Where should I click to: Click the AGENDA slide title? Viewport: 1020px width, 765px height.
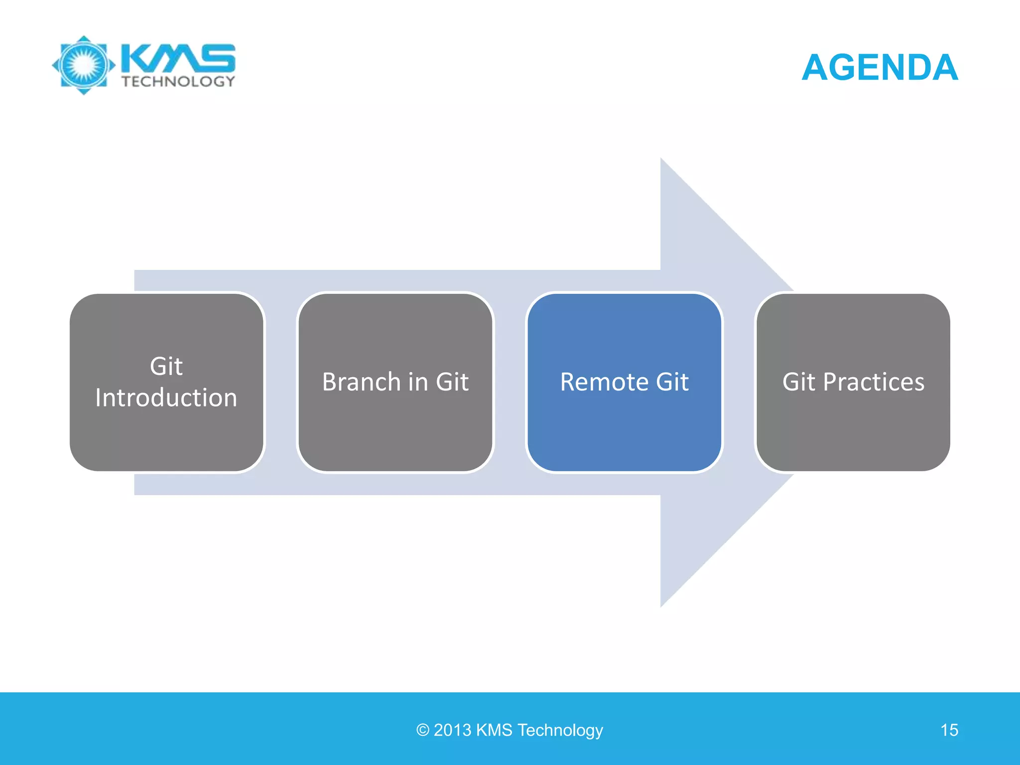pos(880,67)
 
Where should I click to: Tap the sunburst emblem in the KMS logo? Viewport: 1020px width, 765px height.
pos(84,65)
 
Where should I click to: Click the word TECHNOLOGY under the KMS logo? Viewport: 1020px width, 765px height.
pos(178,82)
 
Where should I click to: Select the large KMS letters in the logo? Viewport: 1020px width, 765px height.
pos(178,58)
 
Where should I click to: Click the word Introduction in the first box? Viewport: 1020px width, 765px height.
pos(166,398)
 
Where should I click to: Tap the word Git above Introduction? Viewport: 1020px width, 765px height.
pos(166,367)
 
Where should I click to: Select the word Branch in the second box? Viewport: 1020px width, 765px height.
pos(361,382)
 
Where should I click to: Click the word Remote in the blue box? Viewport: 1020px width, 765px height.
pos(604,382)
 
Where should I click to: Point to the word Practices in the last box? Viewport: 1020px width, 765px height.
pos(874,382)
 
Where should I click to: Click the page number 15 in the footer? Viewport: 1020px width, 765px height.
pos(949,730)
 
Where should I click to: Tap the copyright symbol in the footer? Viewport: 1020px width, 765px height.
pos(422,731)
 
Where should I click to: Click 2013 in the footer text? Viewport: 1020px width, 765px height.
pos(452,730)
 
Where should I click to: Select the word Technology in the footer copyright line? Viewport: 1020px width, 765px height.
pos(560,730)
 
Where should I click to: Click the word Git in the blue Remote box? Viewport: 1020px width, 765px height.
pos(672,382)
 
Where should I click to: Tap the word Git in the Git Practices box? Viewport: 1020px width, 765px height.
pos(798,382)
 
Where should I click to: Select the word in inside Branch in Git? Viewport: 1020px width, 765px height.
pos(418,382)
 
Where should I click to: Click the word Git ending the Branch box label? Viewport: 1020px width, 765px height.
pos(452,382)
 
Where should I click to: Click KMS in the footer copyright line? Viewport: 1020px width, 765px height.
pos(494,730)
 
